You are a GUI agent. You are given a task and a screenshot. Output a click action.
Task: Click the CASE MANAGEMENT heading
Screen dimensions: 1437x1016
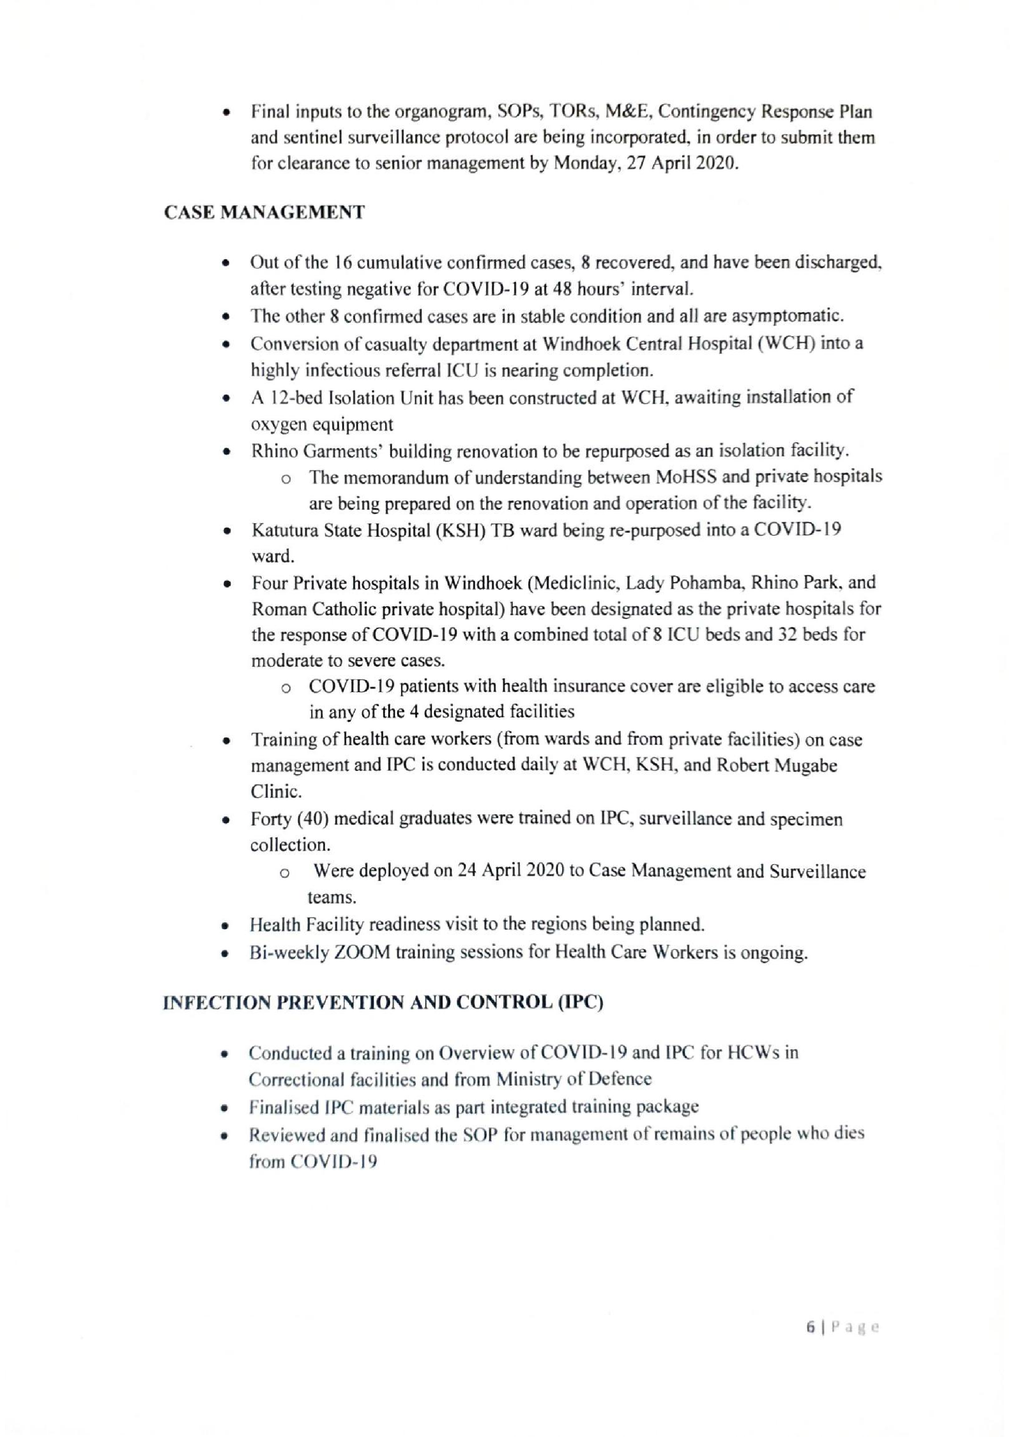coord(263,213)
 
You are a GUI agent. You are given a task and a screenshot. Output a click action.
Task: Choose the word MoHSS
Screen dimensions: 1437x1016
coord(687,477)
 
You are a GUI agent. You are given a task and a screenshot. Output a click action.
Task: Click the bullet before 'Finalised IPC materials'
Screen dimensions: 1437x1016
coord(224,1108)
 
